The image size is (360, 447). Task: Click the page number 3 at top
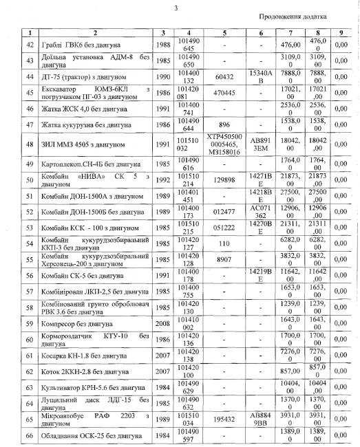(176, 8)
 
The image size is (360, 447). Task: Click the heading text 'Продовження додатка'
(300, 15)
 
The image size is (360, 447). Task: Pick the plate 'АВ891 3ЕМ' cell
(262, 145)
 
